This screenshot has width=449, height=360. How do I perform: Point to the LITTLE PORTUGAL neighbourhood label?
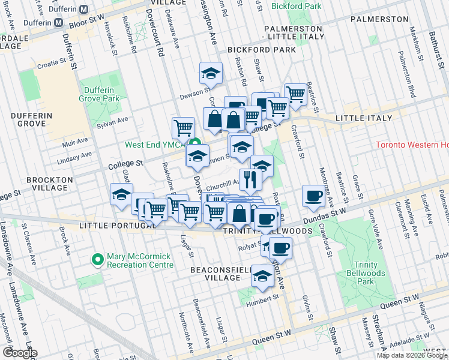pos(110,226)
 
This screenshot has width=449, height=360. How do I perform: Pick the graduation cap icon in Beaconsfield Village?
pos(262,275)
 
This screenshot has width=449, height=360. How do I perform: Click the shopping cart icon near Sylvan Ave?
pos(183,127)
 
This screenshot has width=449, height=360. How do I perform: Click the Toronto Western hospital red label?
pos(412,145)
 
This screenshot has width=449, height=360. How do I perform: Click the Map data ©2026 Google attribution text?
pos(411,355)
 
